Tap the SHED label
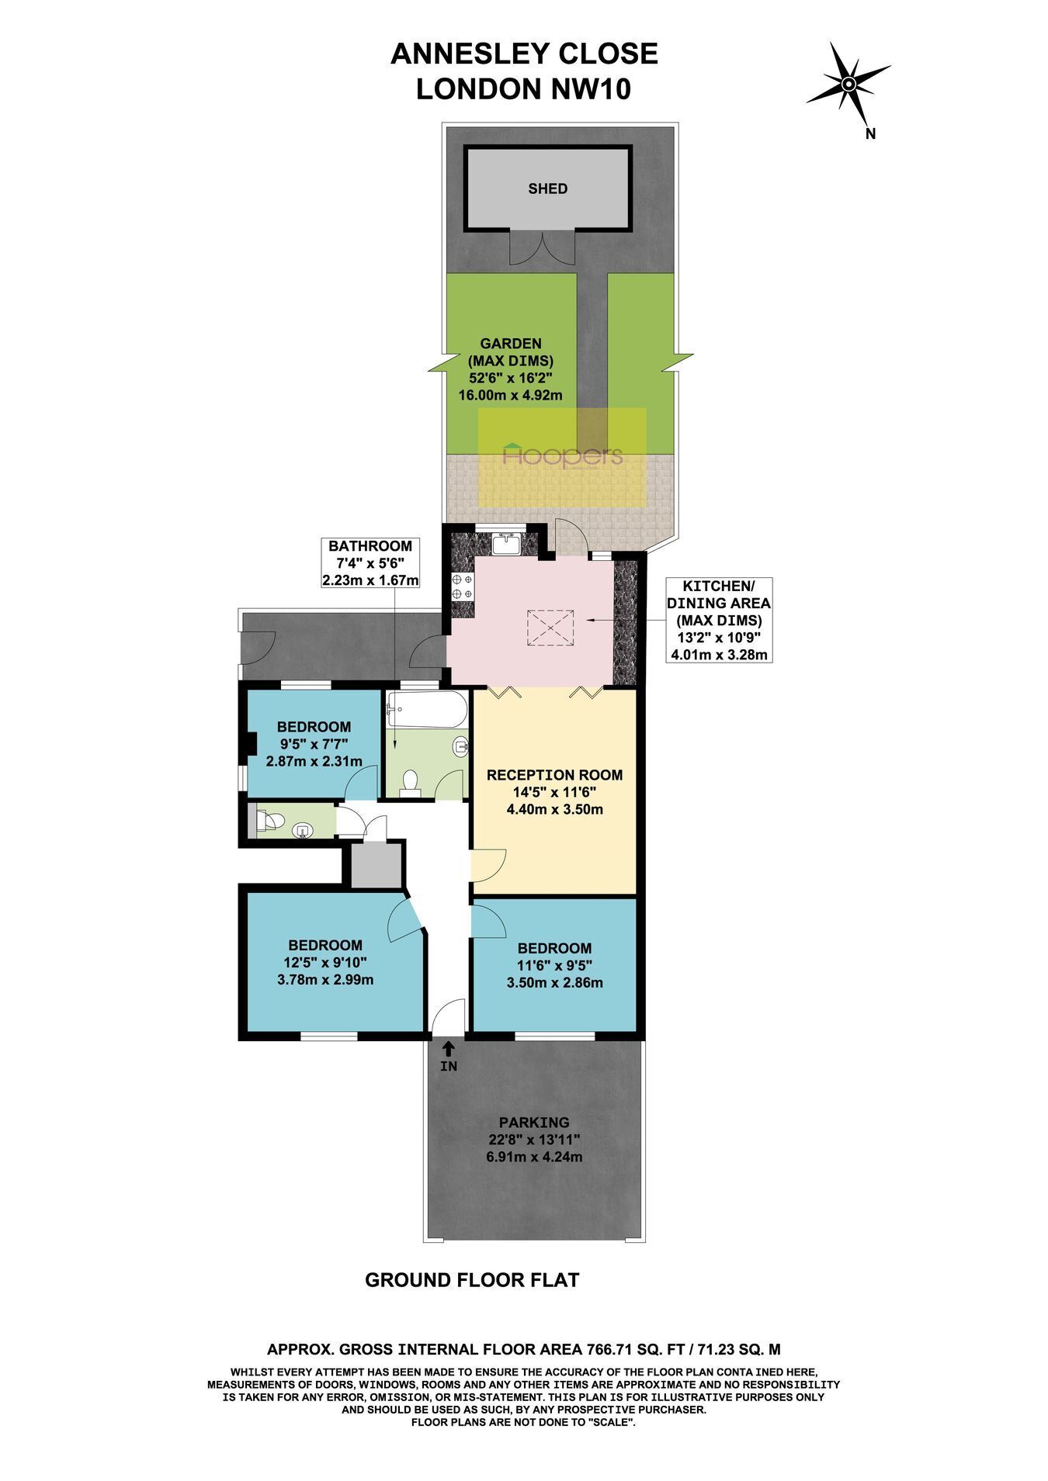[x=547, y=189]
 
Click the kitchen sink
[x=509, y=543]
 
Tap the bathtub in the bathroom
[x=427, y=711]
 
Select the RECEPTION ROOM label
[x=554, y=775]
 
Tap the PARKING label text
[x=534, y=1123]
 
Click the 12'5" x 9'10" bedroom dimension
[x=325, y=963]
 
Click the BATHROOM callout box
[x=370, y=563]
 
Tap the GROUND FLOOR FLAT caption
[x=473, y=1281]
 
